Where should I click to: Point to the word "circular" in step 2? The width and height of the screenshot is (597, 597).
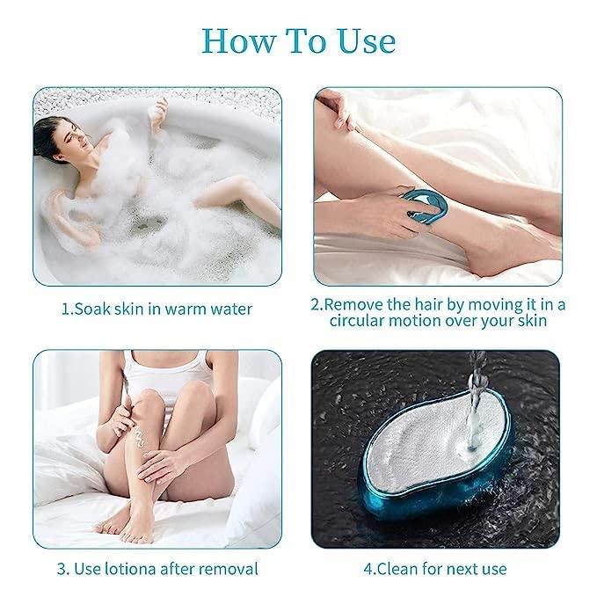click(x=362, y=323)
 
